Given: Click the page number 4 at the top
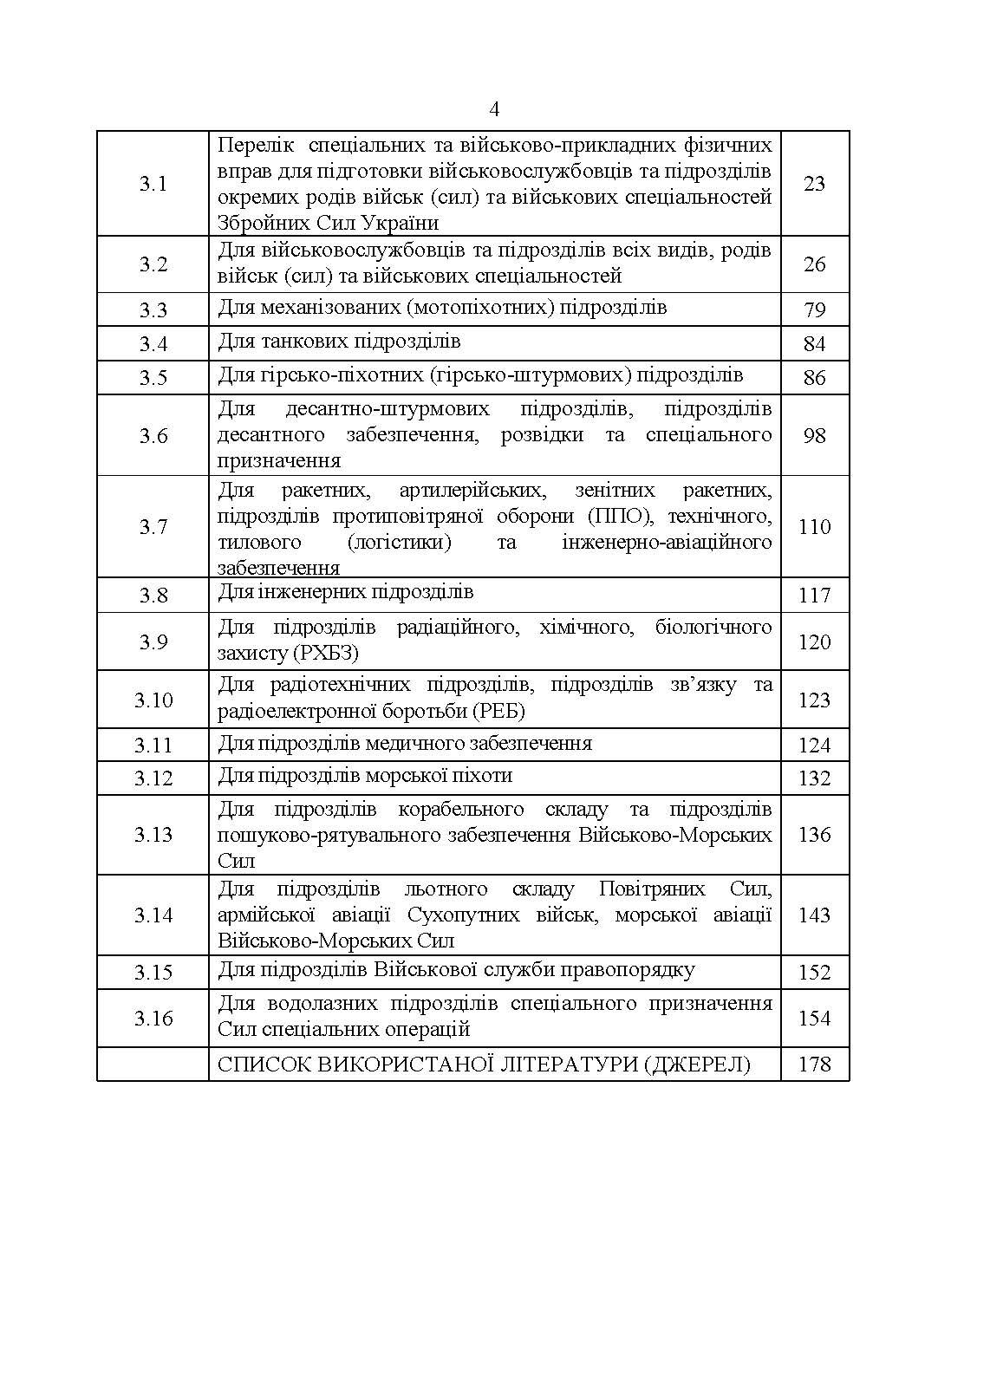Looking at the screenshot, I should coord(494,110).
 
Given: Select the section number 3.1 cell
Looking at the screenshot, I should coord(153,184).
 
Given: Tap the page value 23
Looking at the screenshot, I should coord(814,184).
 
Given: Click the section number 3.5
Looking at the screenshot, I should coord(153,378).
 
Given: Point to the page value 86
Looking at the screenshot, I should coord(814,378).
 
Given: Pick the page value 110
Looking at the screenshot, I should coord(814,527).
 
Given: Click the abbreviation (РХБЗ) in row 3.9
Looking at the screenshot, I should coord(325,653).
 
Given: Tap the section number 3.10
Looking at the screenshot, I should coord(153,700).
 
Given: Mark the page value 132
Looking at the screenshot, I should coord(814,778).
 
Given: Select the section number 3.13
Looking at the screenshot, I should coord(153,835).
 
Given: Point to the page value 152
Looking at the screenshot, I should coord(814,973).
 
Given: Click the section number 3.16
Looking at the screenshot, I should coord(153,1019).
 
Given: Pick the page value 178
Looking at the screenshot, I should coord(814,1065).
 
